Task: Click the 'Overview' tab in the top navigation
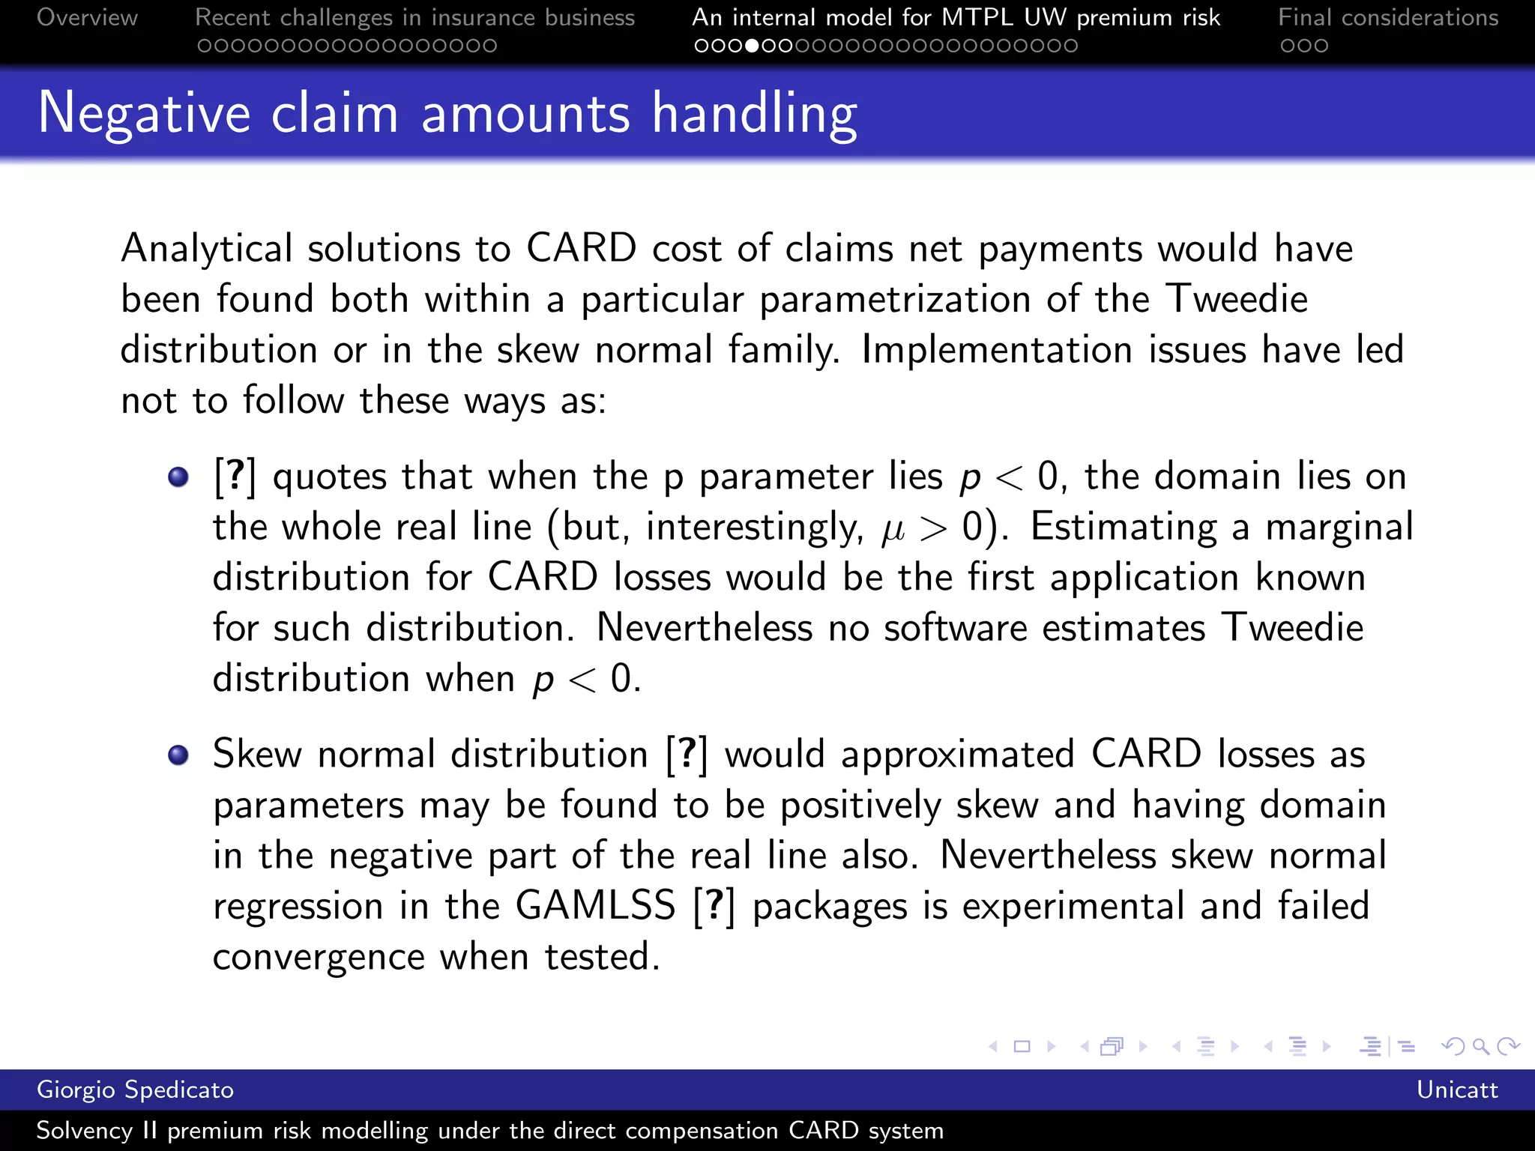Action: (87, 17)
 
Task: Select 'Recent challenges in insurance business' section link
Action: (414, 17)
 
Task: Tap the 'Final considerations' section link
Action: (1388, 17)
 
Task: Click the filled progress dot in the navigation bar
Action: (752, 46)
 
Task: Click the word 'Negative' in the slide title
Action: (144, 113)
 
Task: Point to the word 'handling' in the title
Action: (754, 115)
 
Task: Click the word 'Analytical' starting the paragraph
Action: (206, 249)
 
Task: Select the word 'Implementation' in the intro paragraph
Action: (997, 350)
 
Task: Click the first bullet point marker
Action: (178, 477)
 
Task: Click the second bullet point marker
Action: (178, 755)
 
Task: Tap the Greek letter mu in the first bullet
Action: (893, 529)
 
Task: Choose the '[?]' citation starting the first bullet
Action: (235, 477)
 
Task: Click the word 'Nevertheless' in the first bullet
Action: (704, 628)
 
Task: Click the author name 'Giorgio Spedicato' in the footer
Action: (135, 1090)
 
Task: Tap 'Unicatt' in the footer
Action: (1456, 1090)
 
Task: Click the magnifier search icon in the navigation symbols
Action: (1480, 1046)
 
